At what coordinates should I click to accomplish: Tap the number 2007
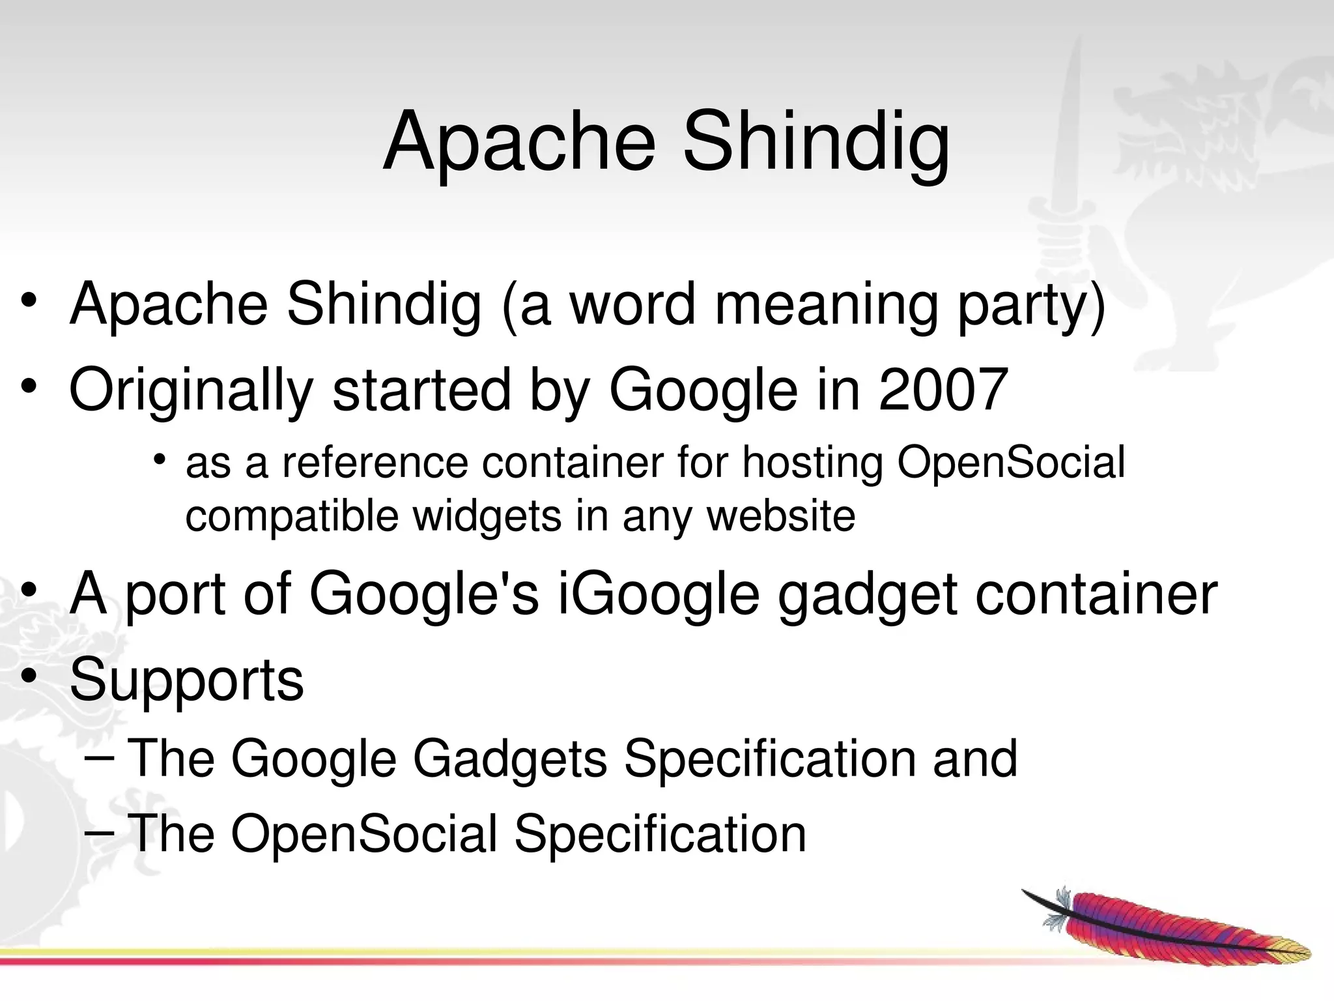pyautogui.click(x=943, y=390)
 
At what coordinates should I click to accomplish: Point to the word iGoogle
pyautogui.click(x=659, y=594)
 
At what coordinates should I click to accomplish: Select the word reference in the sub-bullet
pyautogui.click(x=375, y=463)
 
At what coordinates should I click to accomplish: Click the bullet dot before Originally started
pyautogui.click(x=29, y=388)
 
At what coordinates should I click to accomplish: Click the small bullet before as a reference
pyautogui.click(x=159, y=461)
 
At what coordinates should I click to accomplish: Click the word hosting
pyautogui.click(x=812, y=463)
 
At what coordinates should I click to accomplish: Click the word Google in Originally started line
pyautogui.click(x=703, y=391)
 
